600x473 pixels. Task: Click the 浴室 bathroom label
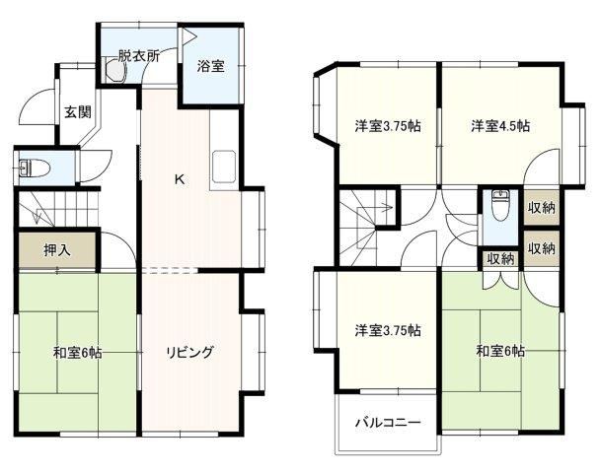coord(210,66)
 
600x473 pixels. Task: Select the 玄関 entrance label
coord(78,112)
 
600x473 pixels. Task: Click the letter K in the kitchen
coord(180,178)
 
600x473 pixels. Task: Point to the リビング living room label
coord(189,352)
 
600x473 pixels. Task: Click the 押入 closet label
coord(57,250)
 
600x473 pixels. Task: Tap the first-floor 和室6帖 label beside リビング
coord(77,352)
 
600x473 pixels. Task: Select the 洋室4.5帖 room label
coord(500,125)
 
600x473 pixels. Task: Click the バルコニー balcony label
coord(388,422)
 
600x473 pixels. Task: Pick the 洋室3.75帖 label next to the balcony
coord(388,330)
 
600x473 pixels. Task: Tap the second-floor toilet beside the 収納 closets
coord(499,206)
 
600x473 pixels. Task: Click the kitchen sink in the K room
coord(224,167)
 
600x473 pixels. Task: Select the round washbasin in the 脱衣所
coord(115,70)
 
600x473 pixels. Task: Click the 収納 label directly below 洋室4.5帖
coord(542,208)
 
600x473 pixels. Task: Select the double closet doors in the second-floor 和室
coord(499,280)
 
